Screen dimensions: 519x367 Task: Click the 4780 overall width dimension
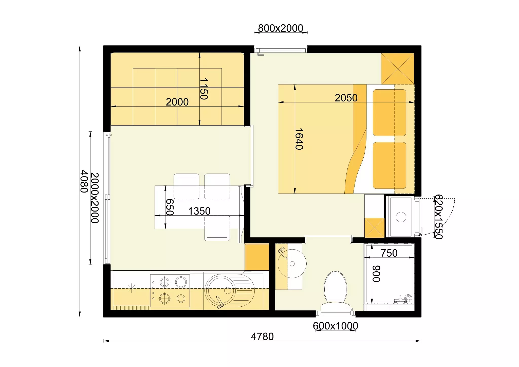tap(262, 337)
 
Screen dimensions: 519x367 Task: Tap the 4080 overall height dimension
tap(84, 181)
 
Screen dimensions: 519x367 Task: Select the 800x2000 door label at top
tap(281, 28)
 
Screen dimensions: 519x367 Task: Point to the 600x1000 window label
tap(336, 326)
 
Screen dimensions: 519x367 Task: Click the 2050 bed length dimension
tap(346, 98)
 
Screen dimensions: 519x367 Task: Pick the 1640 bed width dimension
tap(299, 139)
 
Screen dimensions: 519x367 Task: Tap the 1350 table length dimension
tap(199, 211)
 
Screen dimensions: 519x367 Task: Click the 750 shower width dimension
tap(389, 253)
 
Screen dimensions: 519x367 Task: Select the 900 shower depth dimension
tap(376, 274)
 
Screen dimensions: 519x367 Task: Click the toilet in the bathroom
tap(335, 292)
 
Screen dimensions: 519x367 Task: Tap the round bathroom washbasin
tap(292, 264)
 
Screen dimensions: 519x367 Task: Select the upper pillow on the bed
tap(390, 113)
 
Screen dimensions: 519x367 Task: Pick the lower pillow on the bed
tap(390, 165)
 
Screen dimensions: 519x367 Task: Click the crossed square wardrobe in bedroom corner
tap(398, 68)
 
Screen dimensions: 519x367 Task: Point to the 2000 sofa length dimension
tap(177, 102)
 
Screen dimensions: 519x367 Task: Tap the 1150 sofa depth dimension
tap(204, 89)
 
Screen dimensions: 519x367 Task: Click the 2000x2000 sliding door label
tap(95, 198)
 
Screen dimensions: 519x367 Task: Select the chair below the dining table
tap(217, 228)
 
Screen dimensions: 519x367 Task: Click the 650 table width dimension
tap(170, 207)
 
